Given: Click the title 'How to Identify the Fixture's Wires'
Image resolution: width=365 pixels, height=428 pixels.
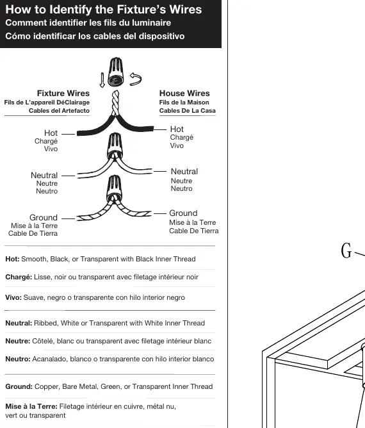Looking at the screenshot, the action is click(104, 9).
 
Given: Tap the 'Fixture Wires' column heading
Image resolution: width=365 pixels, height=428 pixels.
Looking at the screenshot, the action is click(63, 94).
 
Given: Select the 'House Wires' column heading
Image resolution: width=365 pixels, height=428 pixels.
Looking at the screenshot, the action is click(184, 94).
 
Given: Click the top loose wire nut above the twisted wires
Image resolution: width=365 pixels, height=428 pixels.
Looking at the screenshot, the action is click(116, 72).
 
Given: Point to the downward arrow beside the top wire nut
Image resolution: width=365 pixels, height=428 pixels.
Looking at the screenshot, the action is click(102, 80).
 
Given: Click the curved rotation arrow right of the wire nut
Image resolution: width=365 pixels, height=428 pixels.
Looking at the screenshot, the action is click(136, 79).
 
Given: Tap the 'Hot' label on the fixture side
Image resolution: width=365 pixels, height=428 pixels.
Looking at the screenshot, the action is click(51, 133).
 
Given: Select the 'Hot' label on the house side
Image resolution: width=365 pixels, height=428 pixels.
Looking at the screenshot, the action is click(177, 129).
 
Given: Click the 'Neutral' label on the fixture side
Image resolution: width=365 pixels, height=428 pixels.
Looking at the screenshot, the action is click(44, 176).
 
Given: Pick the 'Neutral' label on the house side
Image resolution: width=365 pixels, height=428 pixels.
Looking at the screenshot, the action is click(184, 172).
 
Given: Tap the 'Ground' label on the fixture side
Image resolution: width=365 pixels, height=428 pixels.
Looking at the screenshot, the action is click(44, 218).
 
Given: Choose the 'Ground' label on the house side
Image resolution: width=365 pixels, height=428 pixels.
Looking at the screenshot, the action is click(183, 213).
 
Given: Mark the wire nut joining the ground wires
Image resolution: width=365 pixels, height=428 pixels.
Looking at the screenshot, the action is click(114, 188).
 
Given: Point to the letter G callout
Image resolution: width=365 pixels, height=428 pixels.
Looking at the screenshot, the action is click(346, 251).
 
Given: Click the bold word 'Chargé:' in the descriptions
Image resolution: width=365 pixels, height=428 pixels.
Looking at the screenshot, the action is click(19, 277).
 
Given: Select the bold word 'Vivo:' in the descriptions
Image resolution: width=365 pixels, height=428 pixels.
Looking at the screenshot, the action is click(13, 297).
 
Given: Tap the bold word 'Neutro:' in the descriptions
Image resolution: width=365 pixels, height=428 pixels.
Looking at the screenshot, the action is click(18, 359).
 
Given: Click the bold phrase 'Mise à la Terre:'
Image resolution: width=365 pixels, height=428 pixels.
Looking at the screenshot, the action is click(31, 406).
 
